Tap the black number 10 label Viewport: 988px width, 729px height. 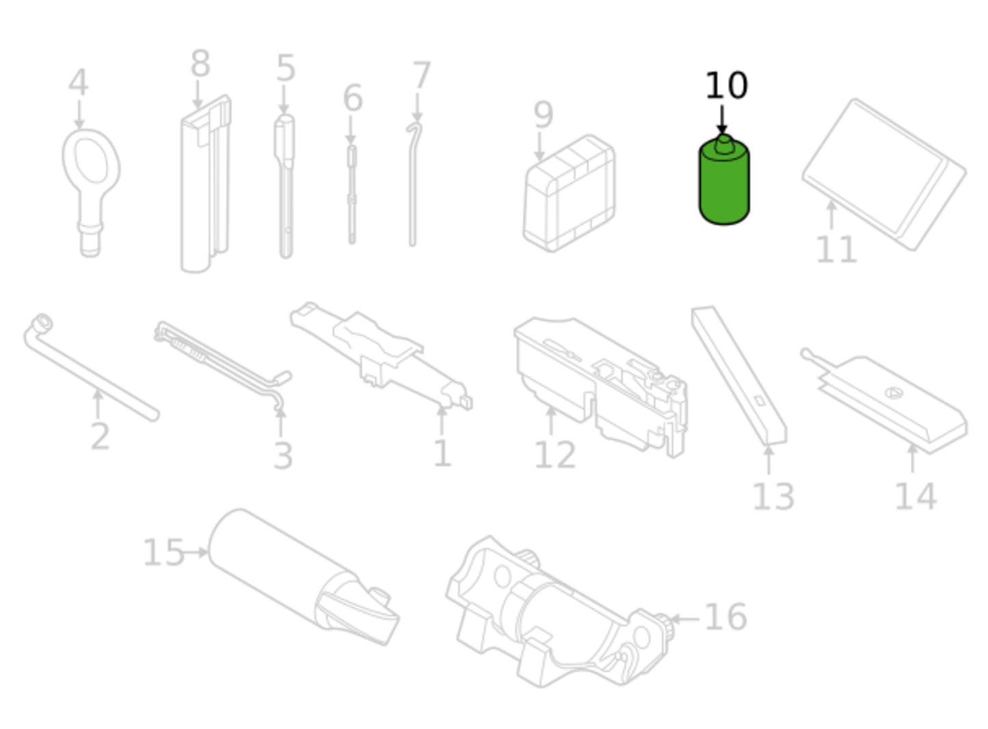726,85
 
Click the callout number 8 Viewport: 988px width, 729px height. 200,64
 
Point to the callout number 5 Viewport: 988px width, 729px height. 286,68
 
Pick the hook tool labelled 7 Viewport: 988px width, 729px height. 414,185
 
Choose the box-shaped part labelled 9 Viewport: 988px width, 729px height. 570,194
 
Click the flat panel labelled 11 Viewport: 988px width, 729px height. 884,174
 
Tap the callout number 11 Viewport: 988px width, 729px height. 836,250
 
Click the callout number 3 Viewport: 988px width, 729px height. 283,456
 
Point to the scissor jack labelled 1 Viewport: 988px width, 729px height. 381,356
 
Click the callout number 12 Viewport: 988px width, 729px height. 555,455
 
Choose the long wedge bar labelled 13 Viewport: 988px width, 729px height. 739,375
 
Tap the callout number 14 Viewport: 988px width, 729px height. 916,496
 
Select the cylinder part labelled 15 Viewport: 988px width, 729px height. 304,577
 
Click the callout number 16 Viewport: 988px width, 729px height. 726,617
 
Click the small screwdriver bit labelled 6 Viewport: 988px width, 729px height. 351,194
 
